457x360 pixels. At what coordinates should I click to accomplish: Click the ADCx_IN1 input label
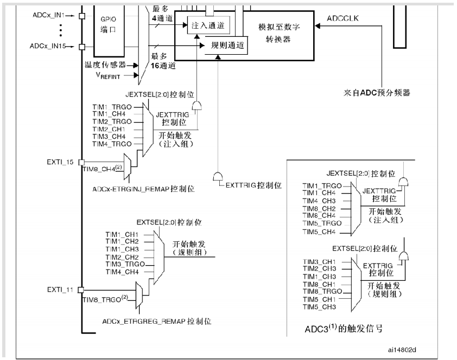coord(48,16)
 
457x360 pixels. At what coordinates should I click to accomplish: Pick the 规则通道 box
coord(226,47)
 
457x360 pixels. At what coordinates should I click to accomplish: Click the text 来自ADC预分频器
coord(377,92)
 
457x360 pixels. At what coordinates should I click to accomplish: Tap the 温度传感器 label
coord(105,64)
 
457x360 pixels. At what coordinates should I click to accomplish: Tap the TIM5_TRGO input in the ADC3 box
coord(322,223)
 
